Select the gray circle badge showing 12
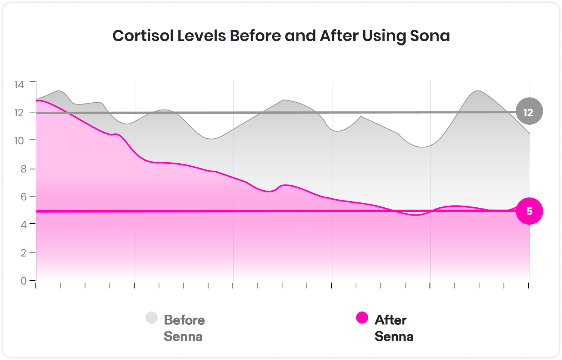tap(529, 112)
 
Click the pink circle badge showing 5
tap(529, 211)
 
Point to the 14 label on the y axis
tap(19, 84)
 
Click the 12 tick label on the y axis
tap(19, 112)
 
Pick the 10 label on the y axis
tap(19, 140)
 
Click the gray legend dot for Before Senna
tap(151, 318)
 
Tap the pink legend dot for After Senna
tap(362, 318)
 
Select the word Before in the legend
tap(184, 320)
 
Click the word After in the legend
tap(390, 320)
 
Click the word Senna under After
tap(394, 337)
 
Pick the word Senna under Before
tap(183, 337)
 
